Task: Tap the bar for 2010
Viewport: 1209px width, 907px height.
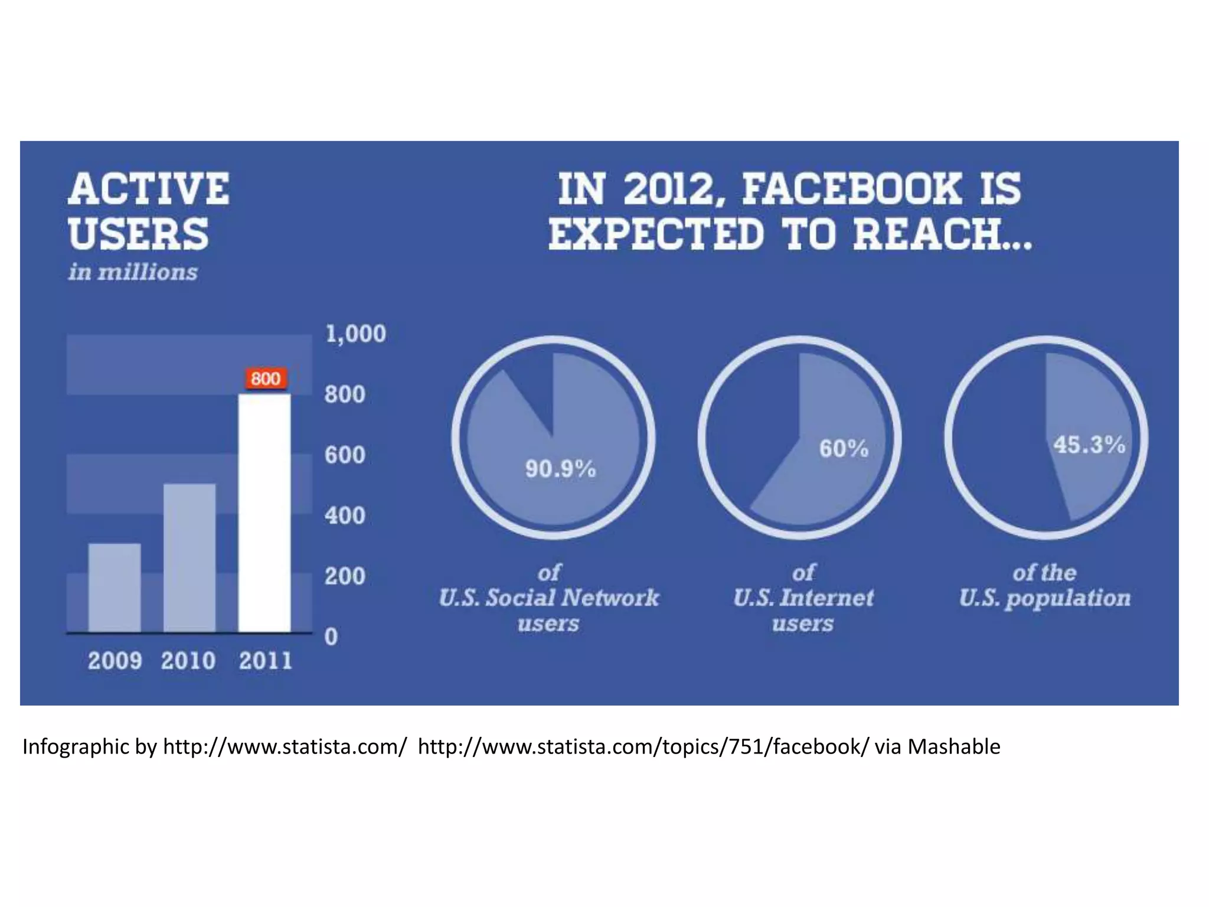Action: (x=189, y=557)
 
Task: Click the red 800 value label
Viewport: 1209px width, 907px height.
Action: (x=266, y=379)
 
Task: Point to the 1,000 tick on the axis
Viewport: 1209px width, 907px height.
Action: (x=355, y=334)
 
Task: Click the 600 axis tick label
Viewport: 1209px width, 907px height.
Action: (x=345, y=455)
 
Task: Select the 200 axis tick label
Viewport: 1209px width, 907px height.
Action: (x=345, y=576)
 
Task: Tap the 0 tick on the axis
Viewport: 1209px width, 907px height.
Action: (x=331, y=637)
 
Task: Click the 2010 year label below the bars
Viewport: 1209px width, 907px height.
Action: (x=188, y=661)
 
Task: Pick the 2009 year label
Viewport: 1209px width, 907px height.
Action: (x=115, y=661)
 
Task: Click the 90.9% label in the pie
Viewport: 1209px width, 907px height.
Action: (x=560, y=469)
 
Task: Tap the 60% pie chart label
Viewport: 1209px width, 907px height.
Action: (x=843, y=449)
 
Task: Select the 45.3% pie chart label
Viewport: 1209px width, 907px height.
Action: (x=1089, y=445)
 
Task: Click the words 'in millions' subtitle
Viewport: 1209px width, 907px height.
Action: (x=133, y=273)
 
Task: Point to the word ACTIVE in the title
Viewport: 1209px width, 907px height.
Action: (x=149, y=190)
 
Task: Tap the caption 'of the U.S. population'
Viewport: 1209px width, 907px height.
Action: (x=1044, y=586)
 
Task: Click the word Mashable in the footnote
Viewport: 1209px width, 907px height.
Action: (x=953, y=747)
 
